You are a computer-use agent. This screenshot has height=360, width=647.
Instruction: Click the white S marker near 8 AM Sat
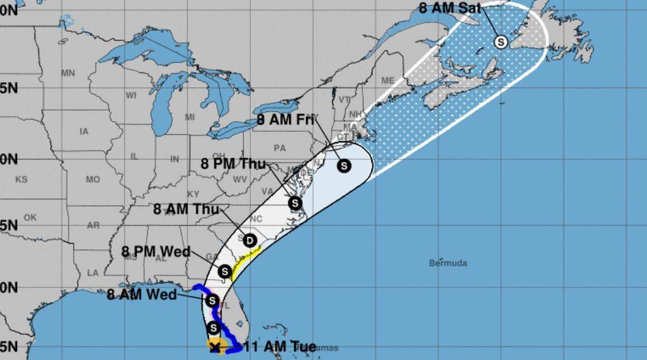501,41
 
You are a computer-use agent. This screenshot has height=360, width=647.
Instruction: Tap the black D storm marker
250,241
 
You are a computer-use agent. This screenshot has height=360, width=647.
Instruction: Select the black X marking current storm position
215,347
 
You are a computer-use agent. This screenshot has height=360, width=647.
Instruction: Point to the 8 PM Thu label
233,164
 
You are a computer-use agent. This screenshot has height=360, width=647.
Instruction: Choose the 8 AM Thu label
186,209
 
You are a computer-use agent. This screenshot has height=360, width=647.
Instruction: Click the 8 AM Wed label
142,295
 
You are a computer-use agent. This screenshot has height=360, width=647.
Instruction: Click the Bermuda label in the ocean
448,263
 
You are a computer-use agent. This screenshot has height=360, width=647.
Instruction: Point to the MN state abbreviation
68,73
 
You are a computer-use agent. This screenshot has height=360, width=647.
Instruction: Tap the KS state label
21,179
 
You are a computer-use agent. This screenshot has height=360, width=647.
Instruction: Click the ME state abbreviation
389,81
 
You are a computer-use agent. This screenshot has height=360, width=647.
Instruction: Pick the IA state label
84,132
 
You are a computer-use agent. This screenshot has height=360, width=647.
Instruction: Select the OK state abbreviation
30,217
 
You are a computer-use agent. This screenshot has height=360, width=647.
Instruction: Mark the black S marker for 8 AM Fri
344,166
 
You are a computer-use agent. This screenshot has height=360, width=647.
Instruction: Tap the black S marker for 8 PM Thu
295,203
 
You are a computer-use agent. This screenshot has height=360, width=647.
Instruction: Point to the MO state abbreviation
93,179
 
